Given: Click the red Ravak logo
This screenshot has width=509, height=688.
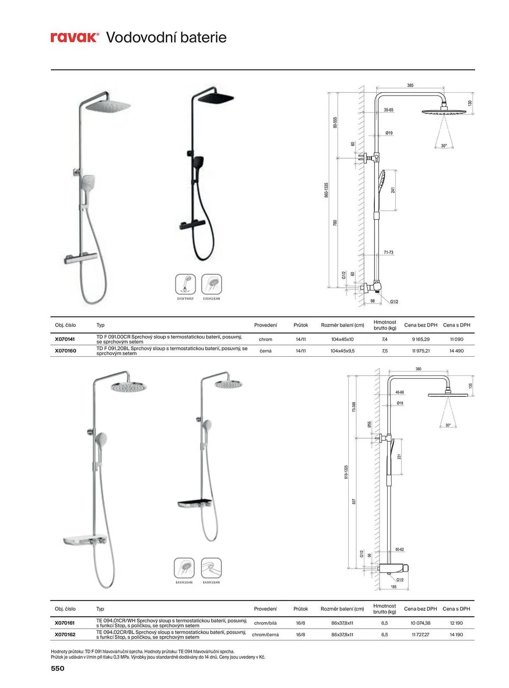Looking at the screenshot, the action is pyautogui.click(x=75, y=37).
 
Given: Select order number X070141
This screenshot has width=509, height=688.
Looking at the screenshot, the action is pyautogui.click(x=65, y=339).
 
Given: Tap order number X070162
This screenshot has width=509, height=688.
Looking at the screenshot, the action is pyautogui.click(x=65, y=634).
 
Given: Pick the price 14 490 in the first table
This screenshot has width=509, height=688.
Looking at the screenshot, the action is pyautogui.click(x=456, y=351).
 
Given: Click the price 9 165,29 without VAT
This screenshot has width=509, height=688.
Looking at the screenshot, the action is pyautogui.click(x=421, y=339).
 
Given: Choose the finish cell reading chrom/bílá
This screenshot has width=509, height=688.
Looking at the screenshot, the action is pyautogui.click(x=265, y=623).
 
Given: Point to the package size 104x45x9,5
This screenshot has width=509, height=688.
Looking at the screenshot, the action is pyautogui.click(x=342, y=351).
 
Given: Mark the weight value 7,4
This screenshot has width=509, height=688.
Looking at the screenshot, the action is pyautogui.click(x=385, y=339).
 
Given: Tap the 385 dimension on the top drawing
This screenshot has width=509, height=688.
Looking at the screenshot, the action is pyautogui.click(x=410, y=85).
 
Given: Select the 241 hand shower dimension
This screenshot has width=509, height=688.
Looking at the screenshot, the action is pyautogui.click(x=393, y=190).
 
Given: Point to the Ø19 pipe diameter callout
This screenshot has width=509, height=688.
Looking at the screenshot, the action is pyautogui.click(x=389, y=133).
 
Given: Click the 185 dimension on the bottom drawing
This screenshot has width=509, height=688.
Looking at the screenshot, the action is pyautogui.click(x=394, y=587).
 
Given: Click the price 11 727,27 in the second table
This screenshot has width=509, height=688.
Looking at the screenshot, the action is pyautogui.click(x=420, y=634).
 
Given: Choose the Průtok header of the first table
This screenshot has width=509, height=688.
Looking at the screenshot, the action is pyautogui.click(x=301, y=325).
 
